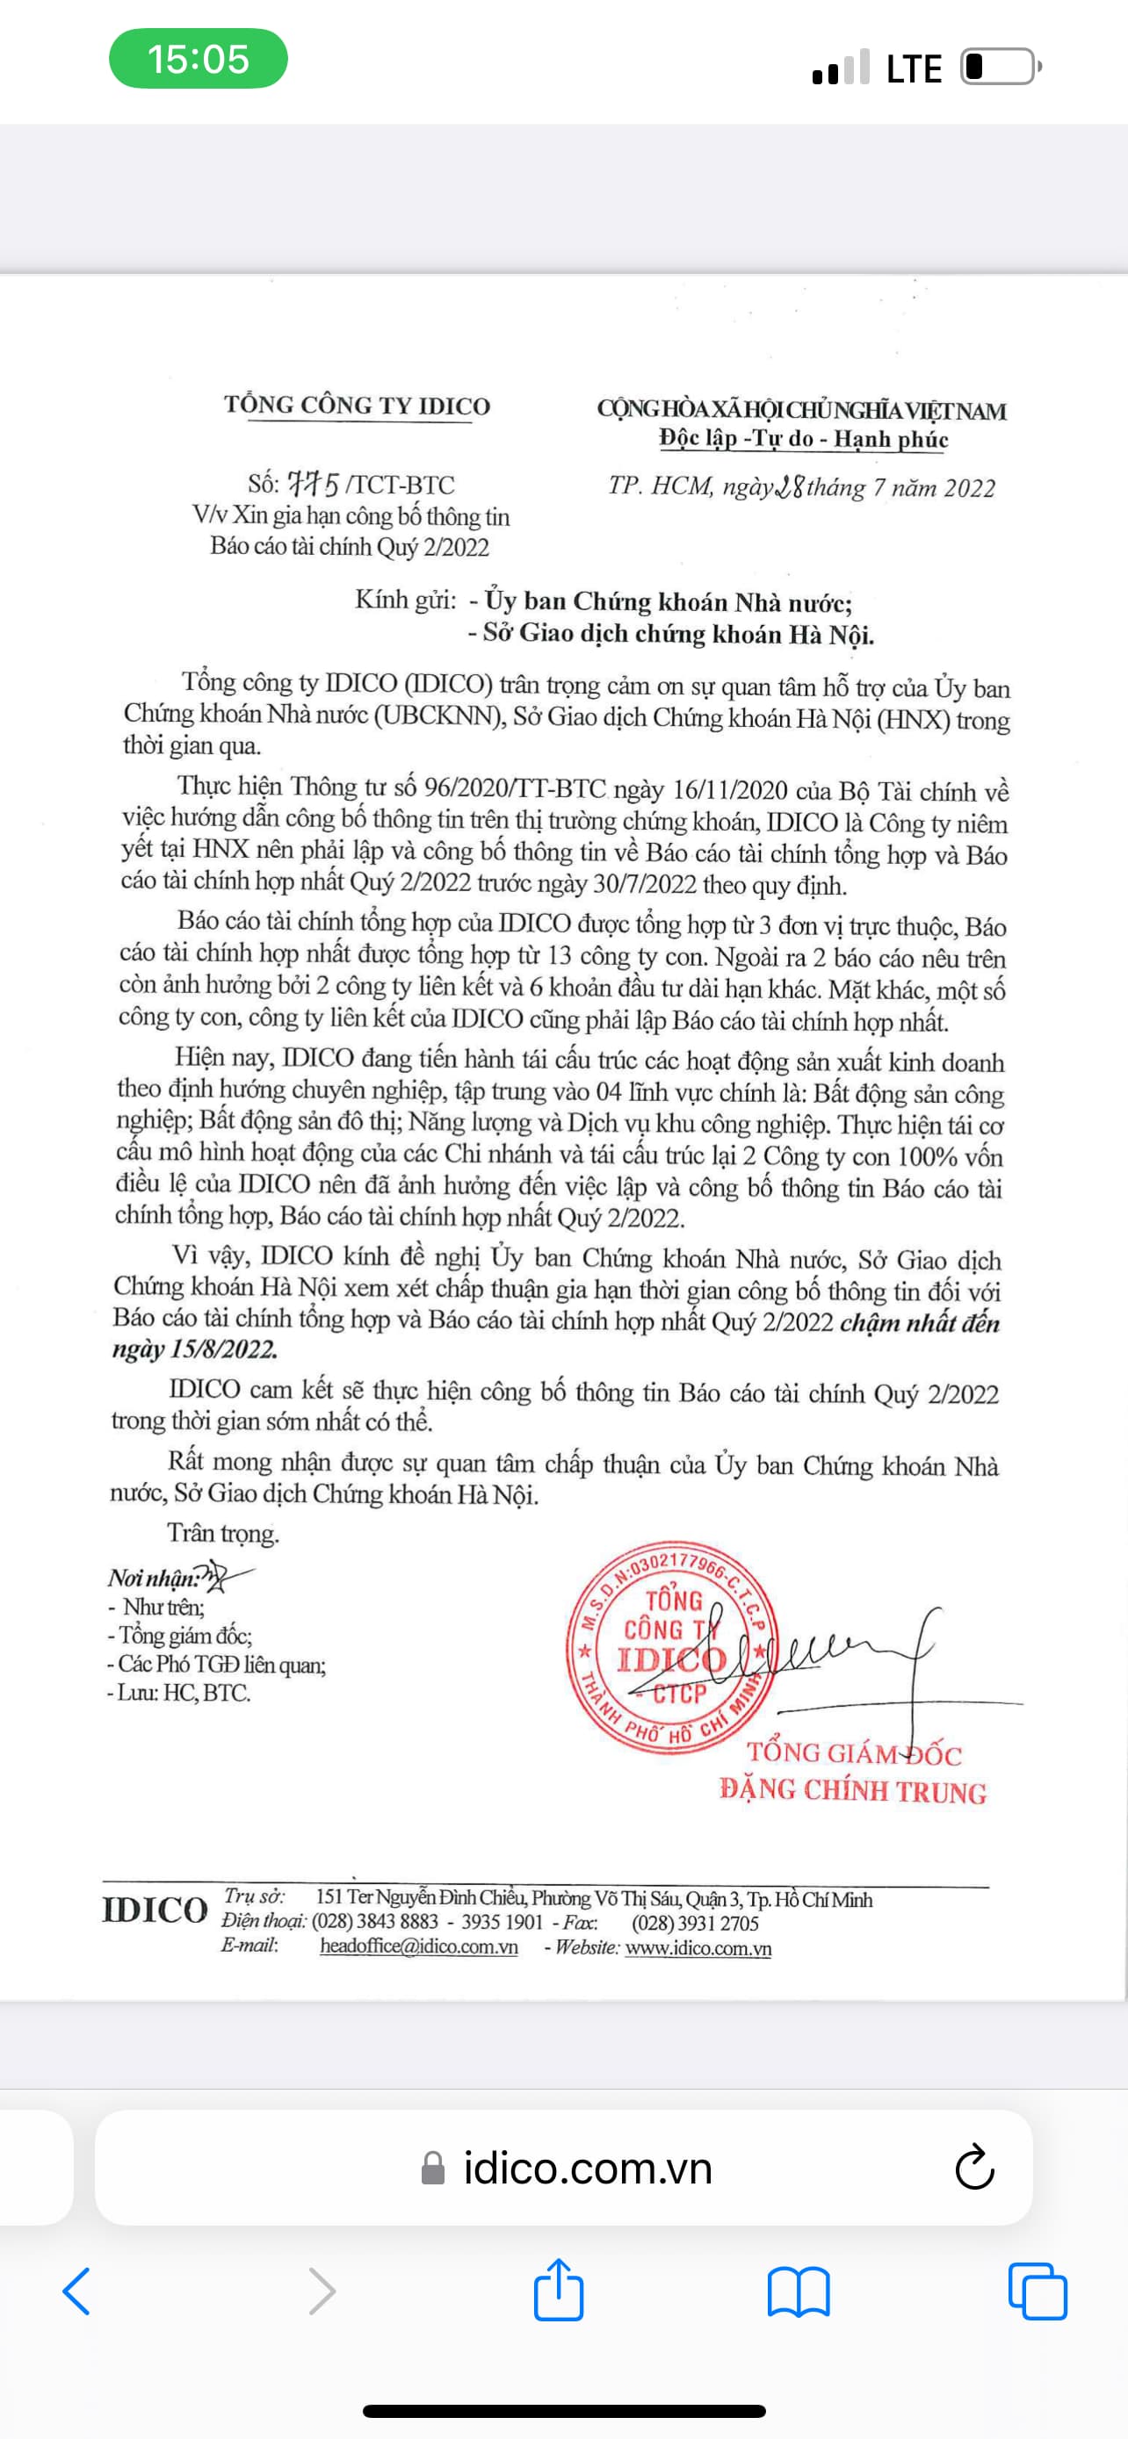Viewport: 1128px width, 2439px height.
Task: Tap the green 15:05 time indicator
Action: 198,59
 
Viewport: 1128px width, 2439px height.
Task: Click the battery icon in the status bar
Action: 1000,68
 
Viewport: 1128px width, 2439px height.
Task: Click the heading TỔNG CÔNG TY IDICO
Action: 357,406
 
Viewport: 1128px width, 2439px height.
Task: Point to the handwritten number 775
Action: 314,484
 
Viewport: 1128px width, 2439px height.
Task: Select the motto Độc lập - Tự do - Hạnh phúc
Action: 803,439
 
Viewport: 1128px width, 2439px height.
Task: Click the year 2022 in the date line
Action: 969,488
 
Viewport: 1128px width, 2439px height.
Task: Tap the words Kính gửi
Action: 405,601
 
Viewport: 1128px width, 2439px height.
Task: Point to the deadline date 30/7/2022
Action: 633,885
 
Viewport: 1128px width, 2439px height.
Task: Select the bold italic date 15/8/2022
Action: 223,1350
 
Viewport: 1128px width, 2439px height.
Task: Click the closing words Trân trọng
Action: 222,1534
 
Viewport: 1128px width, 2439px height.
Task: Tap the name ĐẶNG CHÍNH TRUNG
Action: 853,1790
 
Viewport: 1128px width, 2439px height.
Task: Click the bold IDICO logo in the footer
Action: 155,1910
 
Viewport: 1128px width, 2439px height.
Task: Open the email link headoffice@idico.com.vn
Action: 419,1947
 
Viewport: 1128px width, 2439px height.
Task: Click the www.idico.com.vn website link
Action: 698,1948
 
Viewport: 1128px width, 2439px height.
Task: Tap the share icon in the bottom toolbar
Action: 559,2292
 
